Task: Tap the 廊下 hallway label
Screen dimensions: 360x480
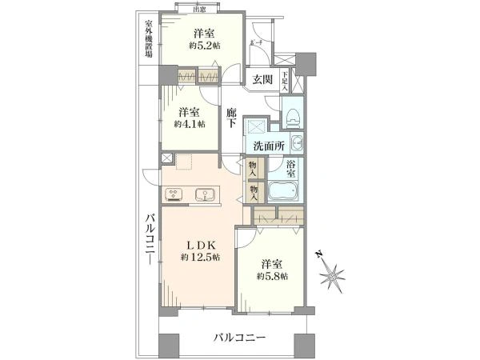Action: click(230, 119)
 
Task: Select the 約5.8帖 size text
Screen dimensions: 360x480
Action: click(272, 276)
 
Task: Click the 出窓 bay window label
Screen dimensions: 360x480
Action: click(199, 9)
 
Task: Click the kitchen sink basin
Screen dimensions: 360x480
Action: click(204, 194)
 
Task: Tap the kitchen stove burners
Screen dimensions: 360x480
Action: click(174, 194)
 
